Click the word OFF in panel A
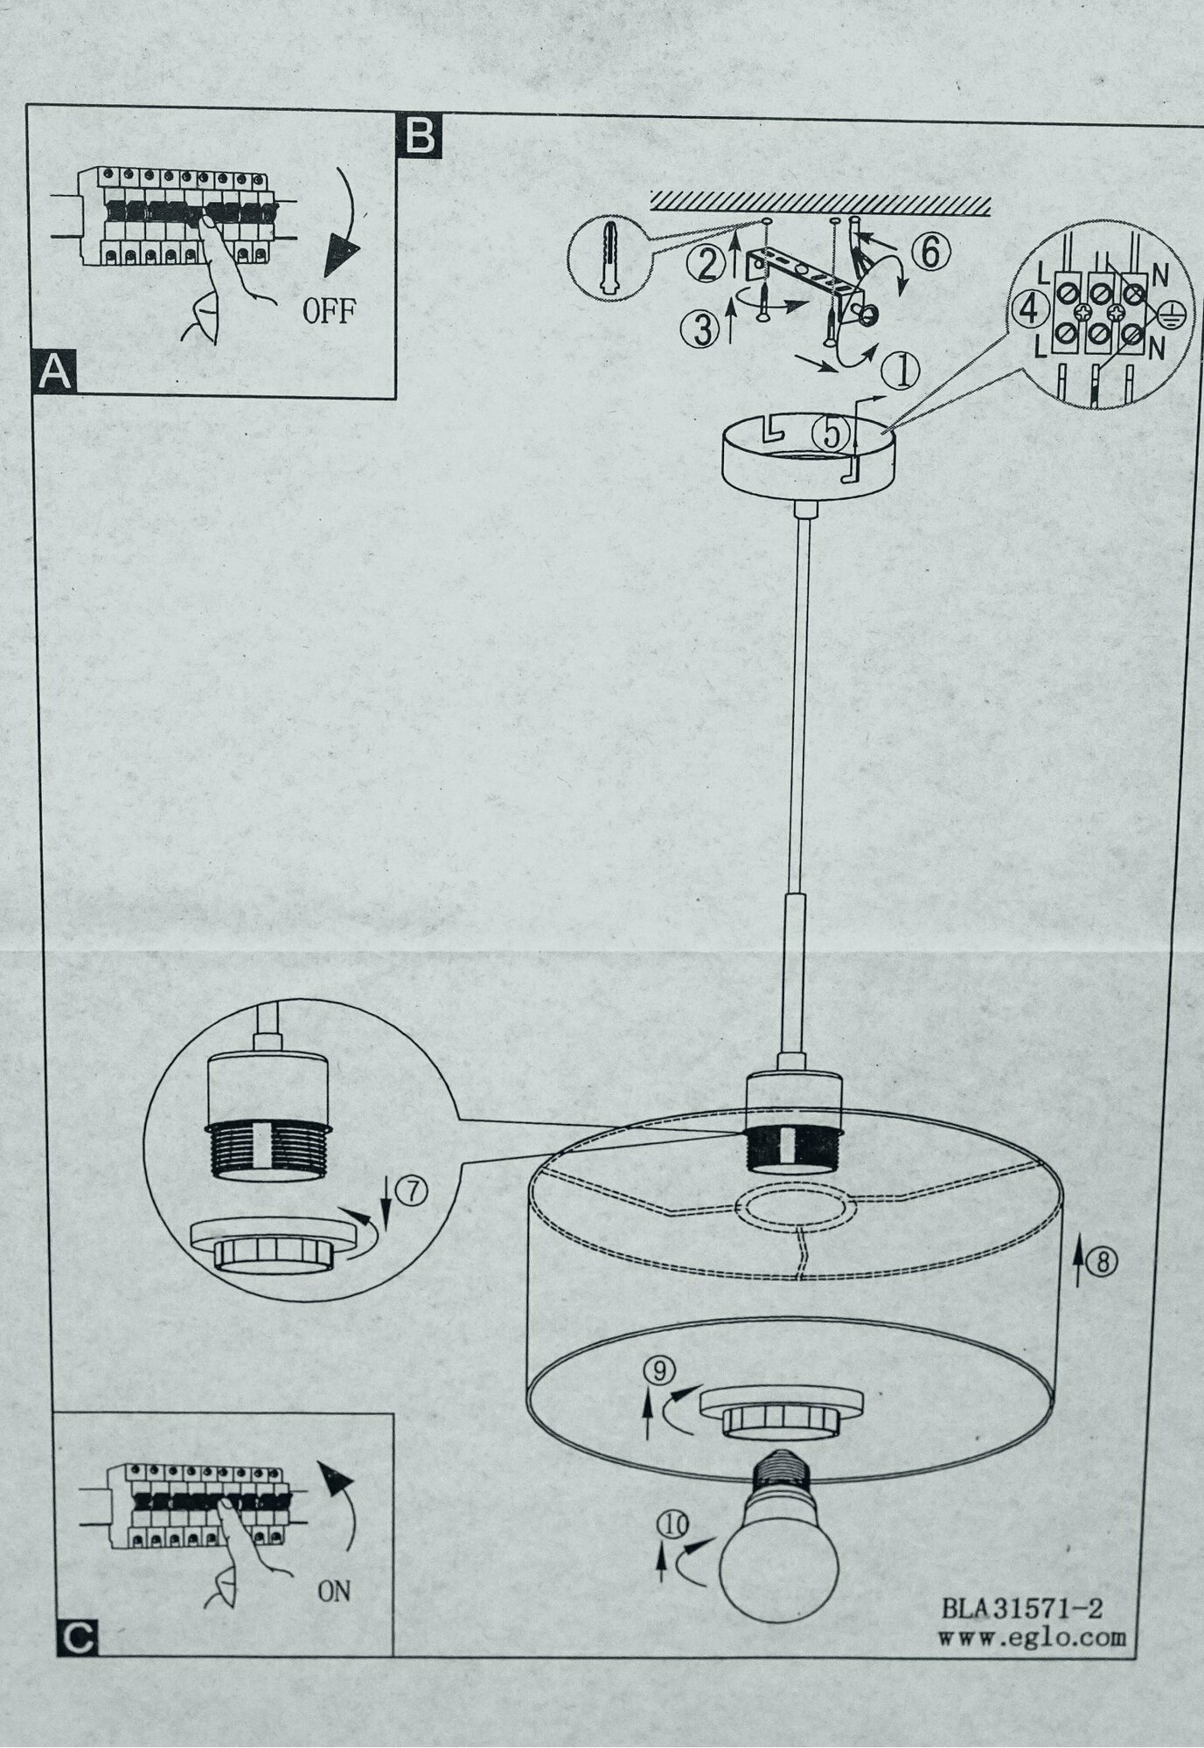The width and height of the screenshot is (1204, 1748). (x=329, y=311)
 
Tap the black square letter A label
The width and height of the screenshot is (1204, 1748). (x=53, y=372)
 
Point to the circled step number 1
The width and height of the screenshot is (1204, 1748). (x=901, y=371)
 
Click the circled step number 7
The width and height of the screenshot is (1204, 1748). (x=414, y=1191)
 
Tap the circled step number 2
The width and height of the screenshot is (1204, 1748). (x=701, y=263)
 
